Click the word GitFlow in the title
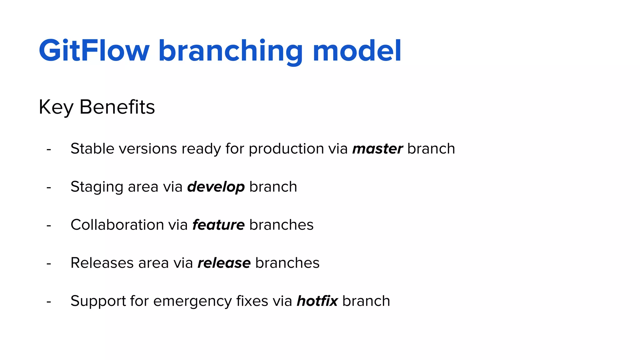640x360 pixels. coord(94,51)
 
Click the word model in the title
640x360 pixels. coord(357,51)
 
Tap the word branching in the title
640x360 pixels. coord(230,52)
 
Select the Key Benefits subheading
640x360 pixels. coord(97,107)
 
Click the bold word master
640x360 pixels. coord(377,149)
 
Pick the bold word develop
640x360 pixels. coord(216,187)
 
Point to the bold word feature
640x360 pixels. coord(218,225)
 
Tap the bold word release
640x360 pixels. coord(224,263)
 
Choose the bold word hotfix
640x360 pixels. coord(317,301)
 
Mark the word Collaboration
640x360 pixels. coord(117,225)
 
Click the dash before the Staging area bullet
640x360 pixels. coord(49,188)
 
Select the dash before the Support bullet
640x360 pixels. coord(49,302)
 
